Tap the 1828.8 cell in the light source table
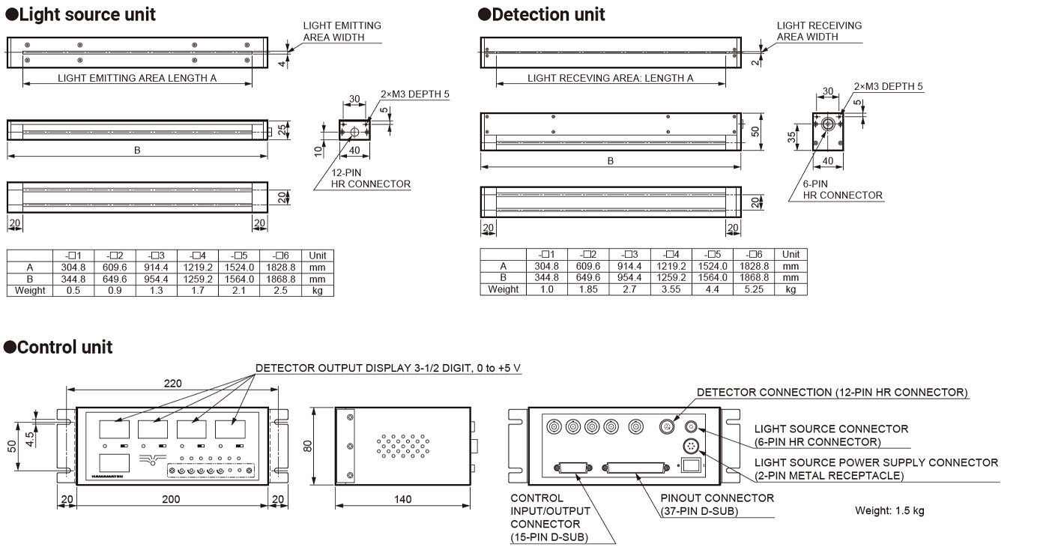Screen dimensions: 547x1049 point(280,267)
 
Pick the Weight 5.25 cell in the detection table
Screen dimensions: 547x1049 point(754,289)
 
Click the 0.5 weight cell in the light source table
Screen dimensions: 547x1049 point(74,290)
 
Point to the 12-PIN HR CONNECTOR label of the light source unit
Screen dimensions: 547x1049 point(371,178)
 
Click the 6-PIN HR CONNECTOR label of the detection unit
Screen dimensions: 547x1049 point(842,190)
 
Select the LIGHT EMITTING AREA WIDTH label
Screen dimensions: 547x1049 point(342,31)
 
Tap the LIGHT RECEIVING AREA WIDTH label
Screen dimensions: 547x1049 point(819,31)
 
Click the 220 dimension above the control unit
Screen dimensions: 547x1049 point(172,384)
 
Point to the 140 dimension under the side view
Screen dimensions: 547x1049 point(402,499)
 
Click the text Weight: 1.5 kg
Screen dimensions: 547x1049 point(889,510)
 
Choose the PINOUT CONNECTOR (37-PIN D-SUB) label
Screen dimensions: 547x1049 point(717,504)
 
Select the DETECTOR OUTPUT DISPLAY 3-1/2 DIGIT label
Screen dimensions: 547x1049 point(387,368)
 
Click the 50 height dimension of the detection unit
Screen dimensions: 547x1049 point(755,130)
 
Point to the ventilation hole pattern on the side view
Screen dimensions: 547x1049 point(404,446)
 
